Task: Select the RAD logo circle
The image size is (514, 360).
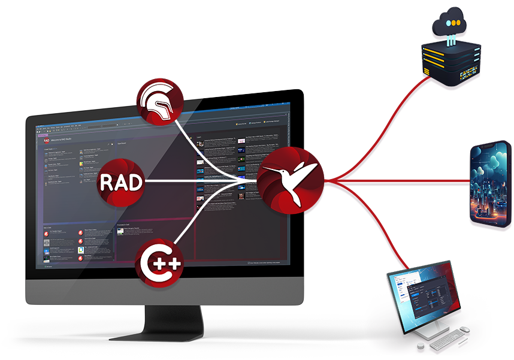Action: coord(121,180)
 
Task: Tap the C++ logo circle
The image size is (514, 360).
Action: coord(158,261)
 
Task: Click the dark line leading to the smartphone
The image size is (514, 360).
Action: coord(407,180)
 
